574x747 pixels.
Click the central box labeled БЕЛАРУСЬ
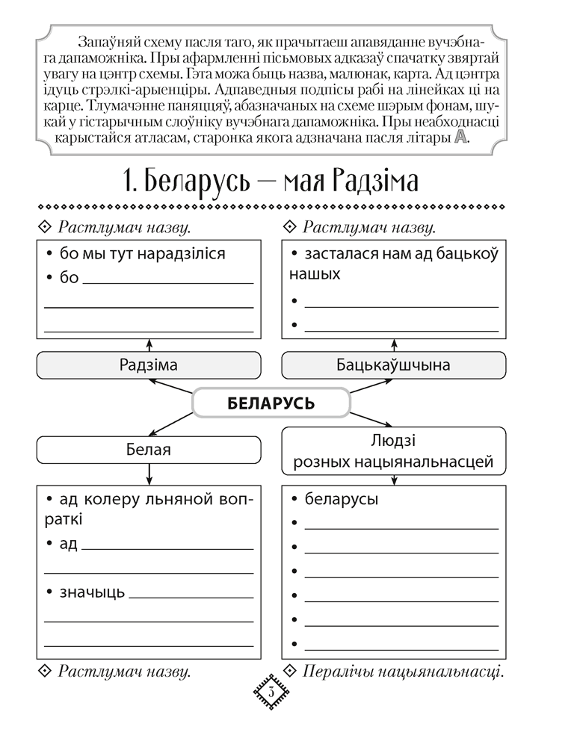271,403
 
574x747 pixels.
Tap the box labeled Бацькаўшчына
393,365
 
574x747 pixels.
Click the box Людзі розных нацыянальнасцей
393,451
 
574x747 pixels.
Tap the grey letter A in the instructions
460,137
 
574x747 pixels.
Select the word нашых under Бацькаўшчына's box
315,274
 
